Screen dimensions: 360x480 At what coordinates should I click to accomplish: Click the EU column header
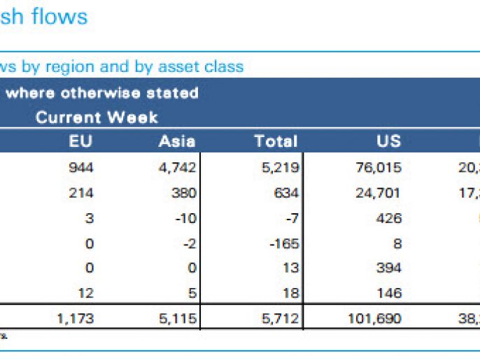coord(80,141)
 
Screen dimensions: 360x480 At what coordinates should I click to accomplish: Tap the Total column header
coord(276,141)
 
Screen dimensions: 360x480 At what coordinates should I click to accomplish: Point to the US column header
coord(388,141)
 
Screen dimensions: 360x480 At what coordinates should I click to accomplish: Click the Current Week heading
coord(97,117)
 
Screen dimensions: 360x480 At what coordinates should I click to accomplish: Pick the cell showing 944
coord(82,168)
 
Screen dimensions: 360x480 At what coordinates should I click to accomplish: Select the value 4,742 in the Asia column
coord(178,168)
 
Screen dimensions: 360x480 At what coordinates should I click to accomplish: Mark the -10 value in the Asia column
coord(186,219)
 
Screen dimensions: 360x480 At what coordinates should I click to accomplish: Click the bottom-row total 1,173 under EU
coord(75,319)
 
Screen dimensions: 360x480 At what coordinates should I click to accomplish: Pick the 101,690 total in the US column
coord(375,319)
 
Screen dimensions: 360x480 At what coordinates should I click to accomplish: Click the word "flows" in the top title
coord(60,16)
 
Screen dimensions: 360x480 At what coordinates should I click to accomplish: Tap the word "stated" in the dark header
coord(175,93)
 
